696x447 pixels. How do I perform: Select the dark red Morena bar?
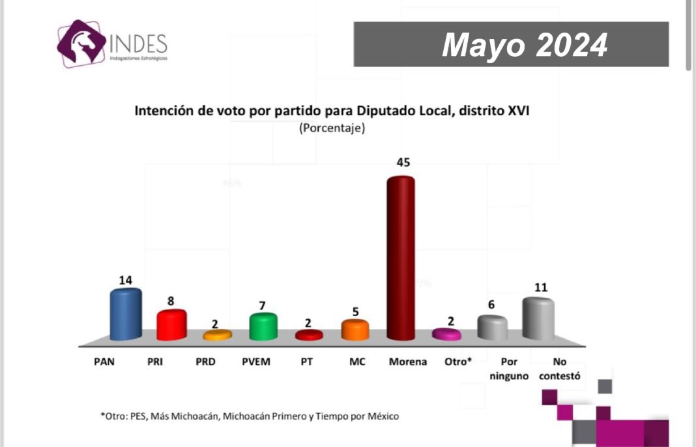401,257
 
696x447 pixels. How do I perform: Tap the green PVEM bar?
263,326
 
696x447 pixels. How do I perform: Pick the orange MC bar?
355,330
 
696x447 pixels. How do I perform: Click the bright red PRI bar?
172,324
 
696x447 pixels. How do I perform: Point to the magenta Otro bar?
447,334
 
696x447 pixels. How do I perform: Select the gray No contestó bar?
538,318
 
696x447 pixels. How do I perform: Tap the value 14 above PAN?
125,280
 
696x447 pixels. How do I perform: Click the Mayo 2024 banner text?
525,45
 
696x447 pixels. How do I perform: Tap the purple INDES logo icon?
81,43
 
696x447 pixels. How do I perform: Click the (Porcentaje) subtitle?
332,128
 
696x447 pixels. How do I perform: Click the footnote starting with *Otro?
249,415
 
